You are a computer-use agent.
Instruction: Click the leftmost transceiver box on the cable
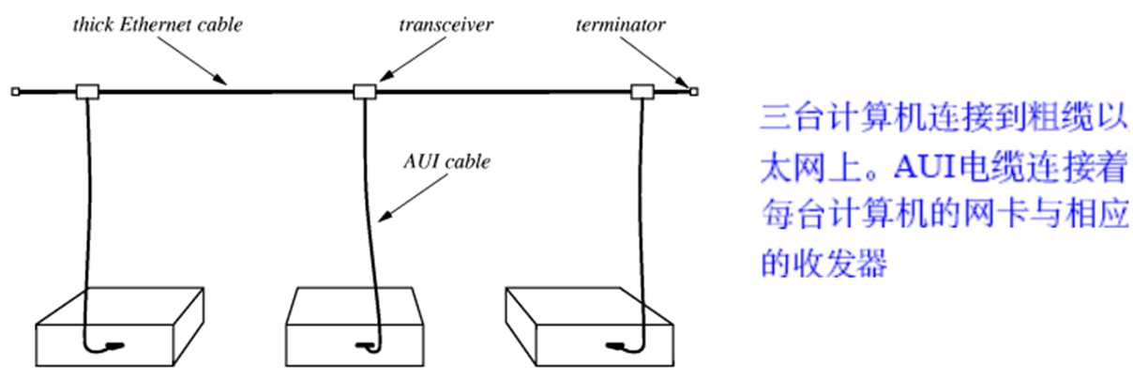87,91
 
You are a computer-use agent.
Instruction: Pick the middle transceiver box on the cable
363,91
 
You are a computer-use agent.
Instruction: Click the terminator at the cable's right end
694,91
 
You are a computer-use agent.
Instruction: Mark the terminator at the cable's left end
16,91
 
